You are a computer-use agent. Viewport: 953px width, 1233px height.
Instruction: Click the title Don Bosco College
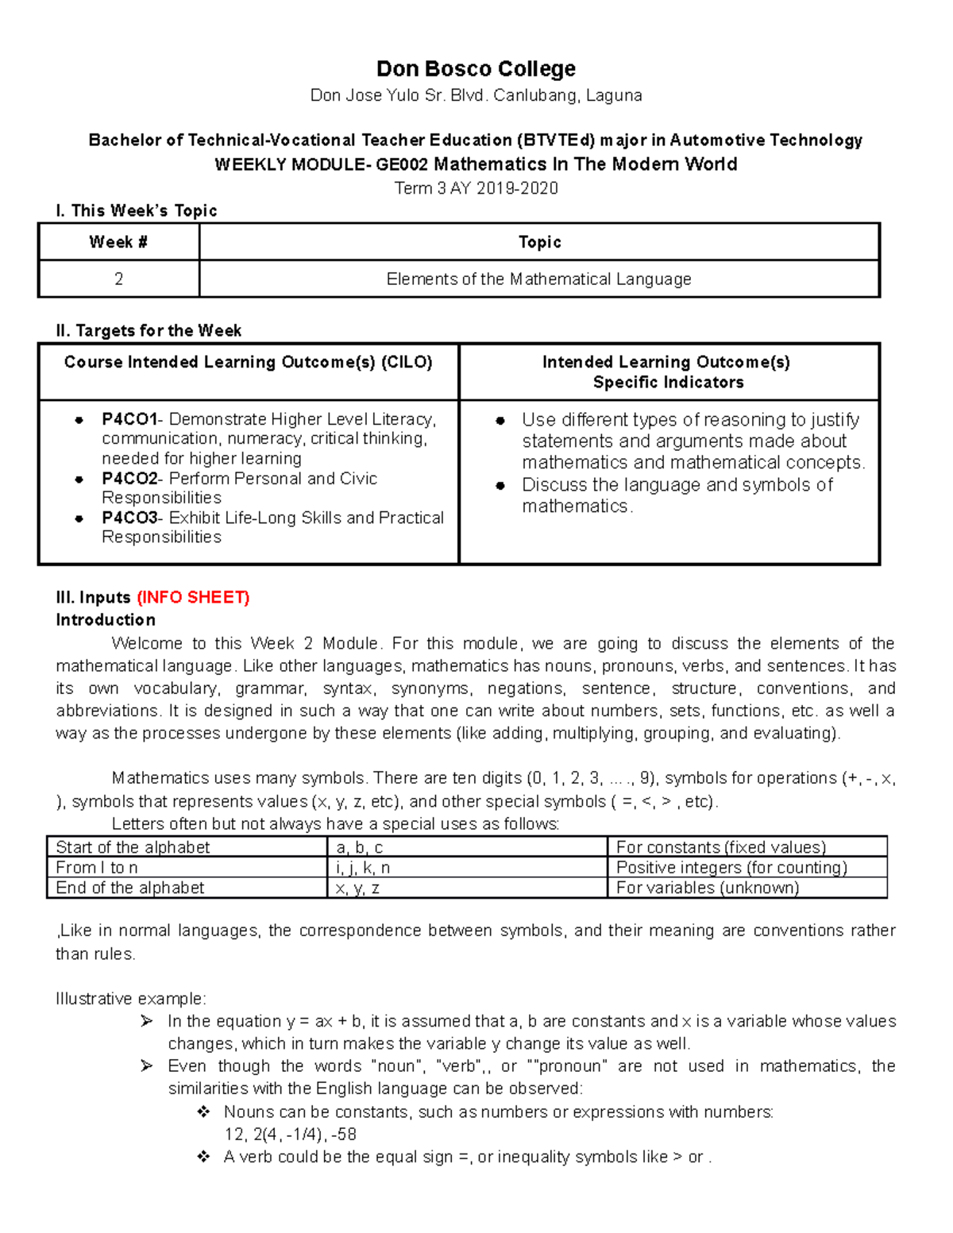(x=476, y=69)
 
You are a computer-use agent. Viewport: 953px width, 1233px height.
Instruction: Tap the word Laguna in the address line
(x=615, y=96)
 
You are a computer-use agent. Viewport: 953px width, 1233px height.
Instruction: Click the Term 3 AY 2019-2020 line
(x=476, y=188)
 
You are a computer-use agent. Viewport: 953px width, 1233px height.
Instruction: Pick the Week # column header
(x=118, y=242)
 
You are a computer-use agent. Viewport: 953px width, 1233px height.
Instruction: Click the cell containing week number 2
(x=118, y=279)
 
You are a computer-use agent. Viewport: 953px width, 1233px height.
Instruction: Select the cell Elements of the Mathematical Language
(x=538, y=279)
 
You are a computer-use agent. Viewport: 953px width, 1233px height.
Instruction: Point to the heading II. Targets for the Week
(x=149, y=330)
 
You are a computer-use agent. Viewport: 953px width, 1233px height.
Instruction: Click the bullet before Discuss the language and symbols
(x=500, y=486)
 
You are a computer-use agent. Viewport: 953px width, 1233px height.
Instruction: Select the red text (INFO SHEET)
(x=193, y=597)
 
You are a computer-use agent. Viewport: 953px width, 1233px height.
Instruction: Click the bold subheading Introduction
(x=106, y=620)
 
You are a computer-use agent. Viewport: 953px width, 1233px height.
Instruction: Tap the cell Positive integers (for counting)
(x=731, y=868)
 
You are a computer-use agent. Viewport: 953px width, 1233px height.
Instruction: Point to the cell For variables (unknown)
(x=708, y=888)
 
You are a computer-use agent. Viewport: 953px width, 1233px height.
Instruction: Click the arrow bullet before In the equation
(x=146, y=1021)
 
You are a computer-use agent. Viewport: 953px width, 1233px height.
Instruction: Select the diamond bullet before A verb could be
(x=203, y=1157)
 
